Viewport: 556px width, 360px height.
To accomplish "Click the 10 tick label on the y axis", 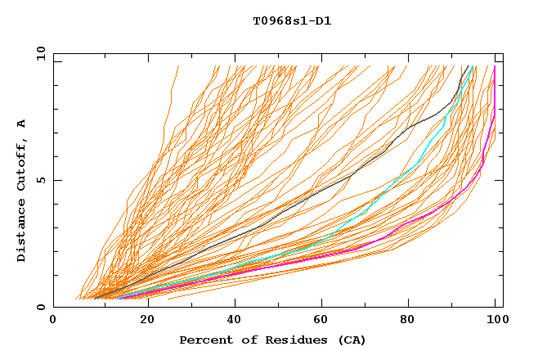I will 40,53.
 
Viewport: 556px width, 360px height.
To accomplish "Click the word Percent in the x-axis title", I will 204,340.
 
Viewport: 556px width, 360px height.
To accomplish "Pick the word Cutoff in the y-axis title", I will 22,164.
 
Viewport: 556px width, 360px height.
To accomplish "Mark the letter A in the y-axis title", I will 22,123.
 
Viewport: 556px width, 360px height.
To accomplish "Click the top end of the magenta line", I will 495,67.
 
